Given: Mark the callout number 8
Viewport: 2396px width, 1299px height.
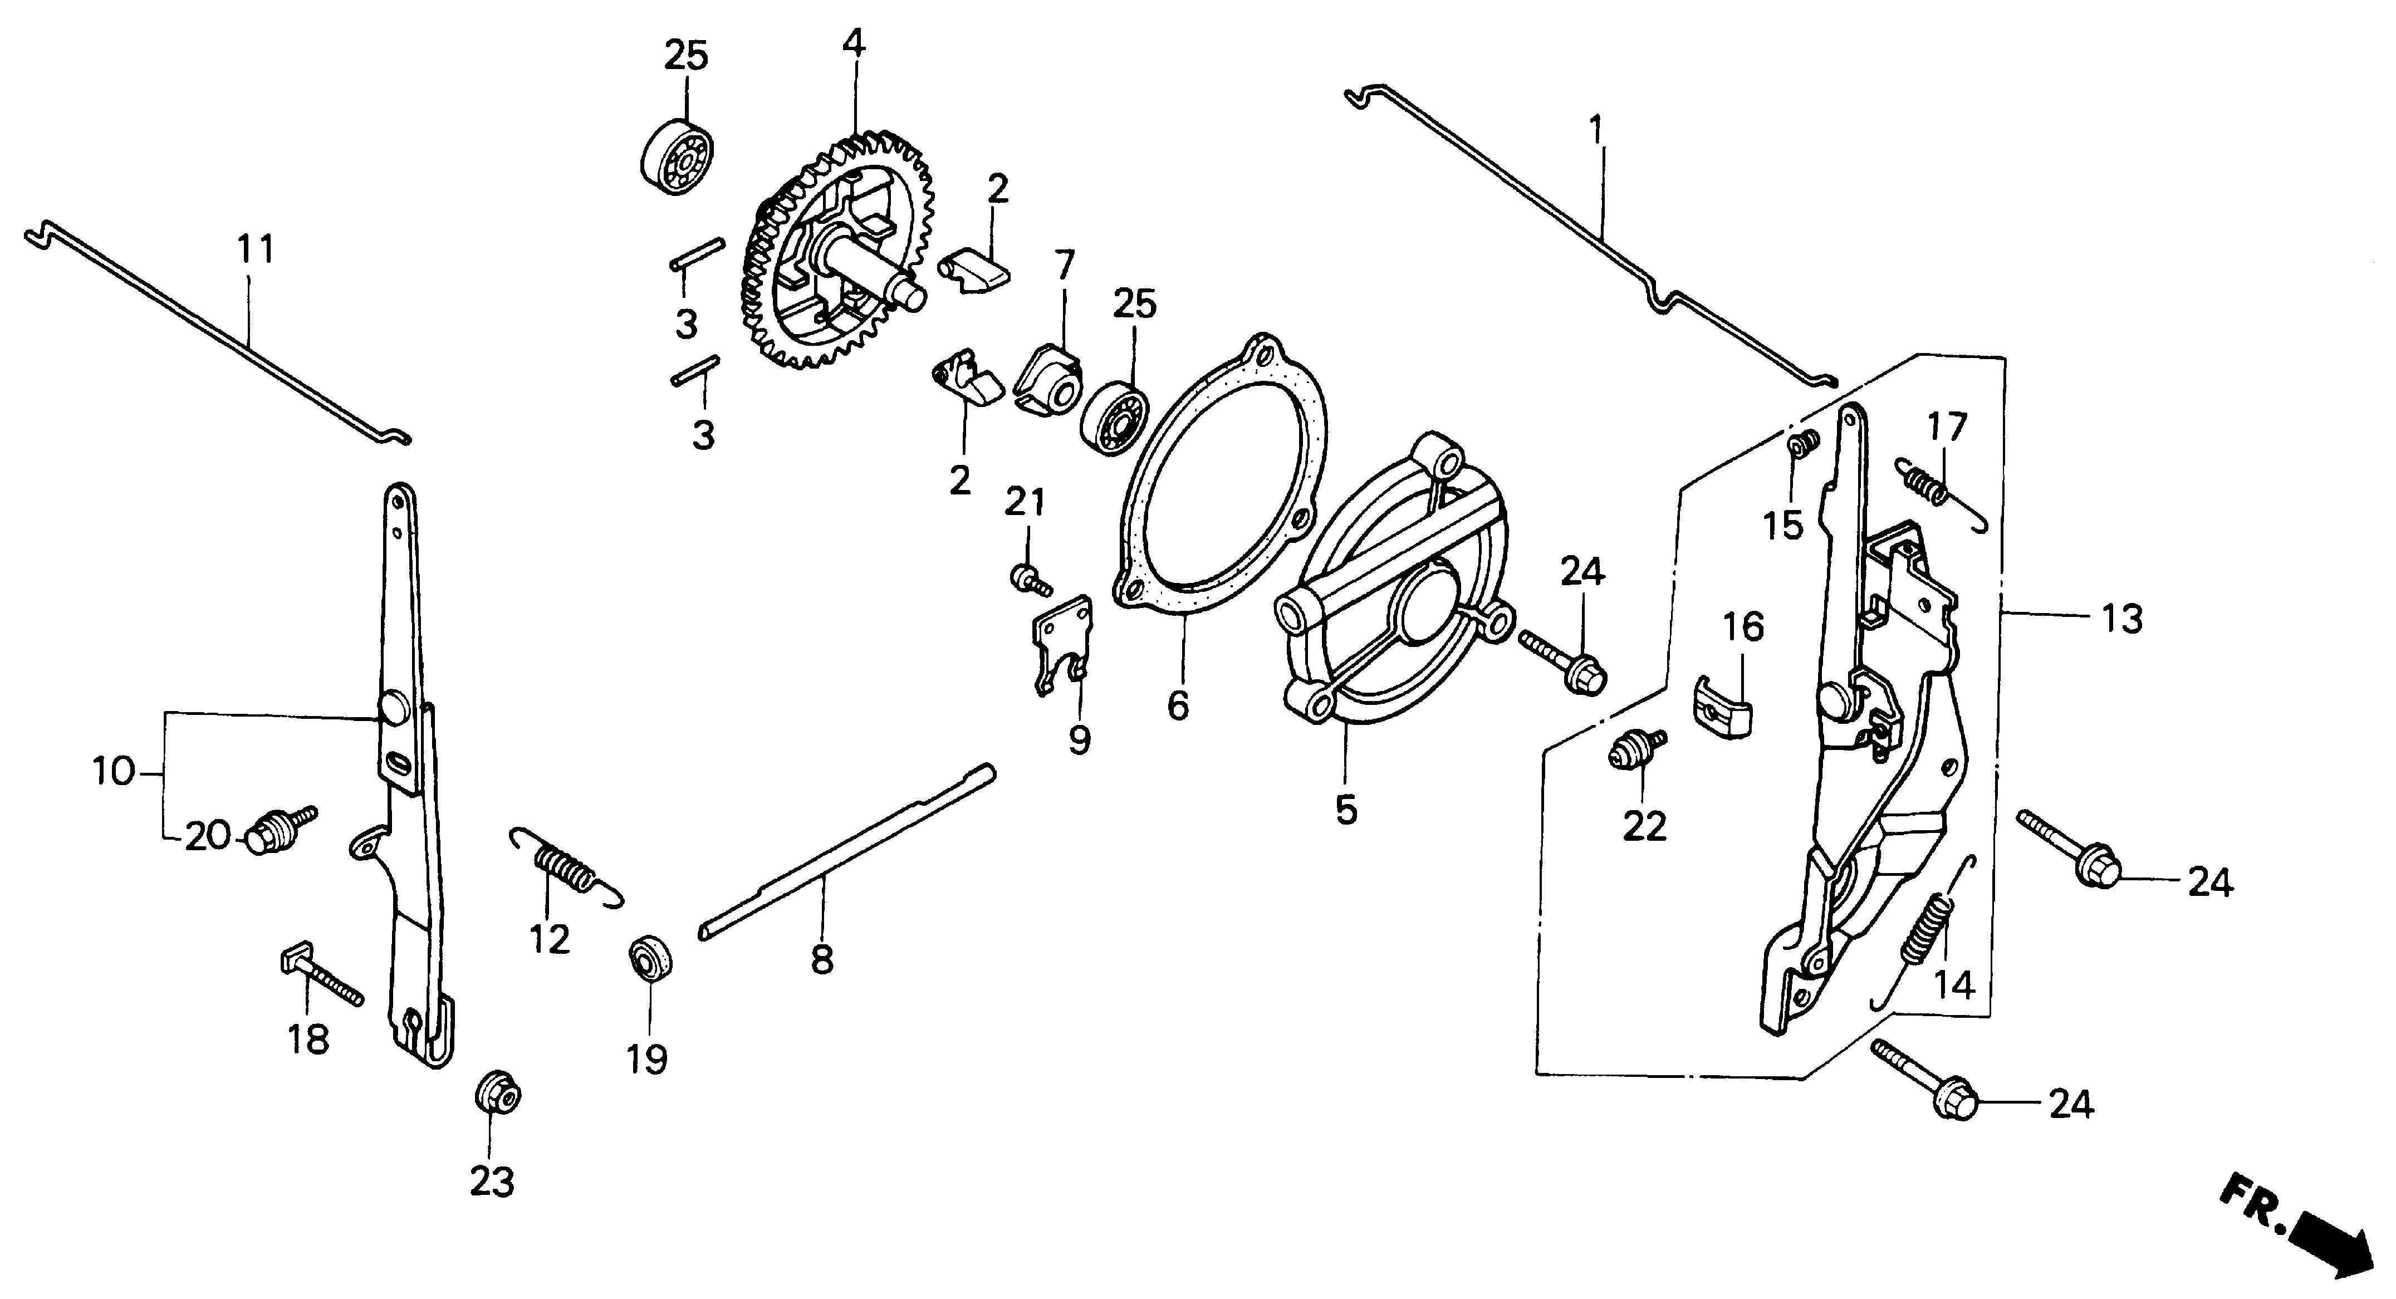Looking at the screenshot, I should coord(821,959).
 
